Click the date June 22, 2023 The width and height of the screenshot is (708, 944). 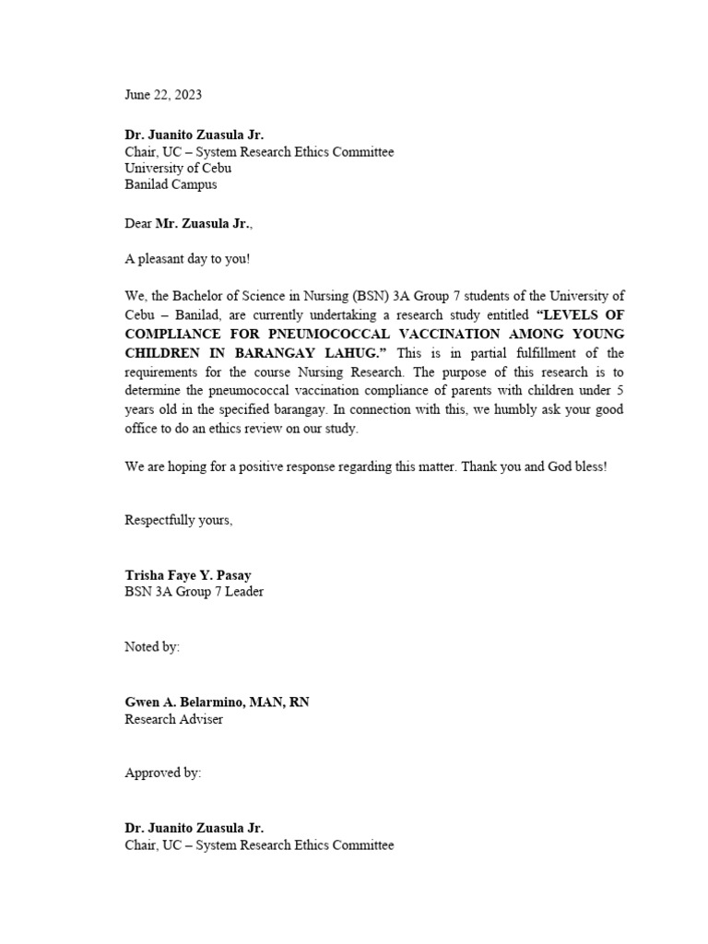pos(163,95)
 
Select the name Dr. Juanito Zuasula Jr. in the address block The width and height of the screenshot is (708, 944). pos(194,135)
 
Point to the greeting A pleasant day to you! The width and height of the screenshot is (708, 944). pos(187,259)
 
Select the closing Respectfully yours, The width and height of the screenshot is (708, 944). pos(179,521)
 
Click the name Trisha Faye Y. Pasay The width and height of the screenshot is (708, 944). pos(188,575)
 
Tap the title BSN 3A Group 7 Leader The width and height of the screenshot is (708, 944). pos(194,592)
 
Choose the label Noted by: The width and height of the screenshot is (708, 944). pos(152,647)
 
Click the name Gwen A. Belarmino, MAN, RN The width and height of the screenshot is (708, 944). pos(218,702)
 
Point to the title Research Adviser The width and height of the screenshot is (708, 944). pos(173,719)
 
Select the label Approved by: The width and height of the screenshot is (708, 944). pos(162,773)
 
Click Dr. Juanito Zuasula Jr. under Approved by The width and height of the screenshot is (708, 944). pos(194,829)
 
